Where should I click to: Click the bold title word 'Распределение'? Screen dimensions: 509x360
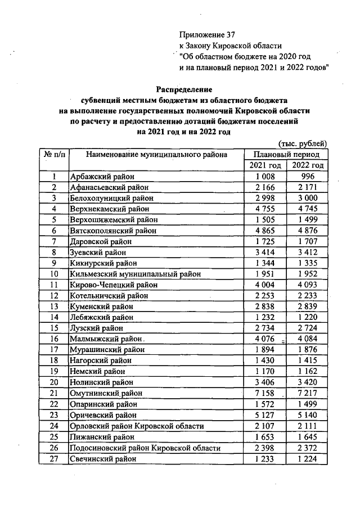coord(184,89)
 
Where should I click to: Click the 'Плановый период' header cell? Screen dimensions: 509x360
coord(286,154)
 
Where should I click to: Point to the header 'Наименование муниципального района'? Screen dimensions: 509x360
coord(157,154)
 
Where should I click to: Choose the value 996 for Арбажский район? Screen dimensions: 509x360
coord(307,177)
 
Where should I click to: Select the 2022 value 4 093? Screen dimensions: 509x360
coord(307,285)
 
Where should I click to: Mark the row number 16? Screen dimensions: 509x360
coord(54,339)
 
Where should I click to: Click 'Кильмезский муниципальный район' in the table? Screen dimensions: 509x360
coord(134,274)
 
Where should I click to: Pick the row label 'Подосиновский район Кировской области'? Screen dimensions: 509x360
coord(145,448)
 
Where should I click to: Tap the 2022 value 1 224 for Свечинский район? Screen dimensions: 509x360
coord(307,459)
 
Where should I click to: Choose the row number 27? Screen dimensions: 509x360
coord(54,459)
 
